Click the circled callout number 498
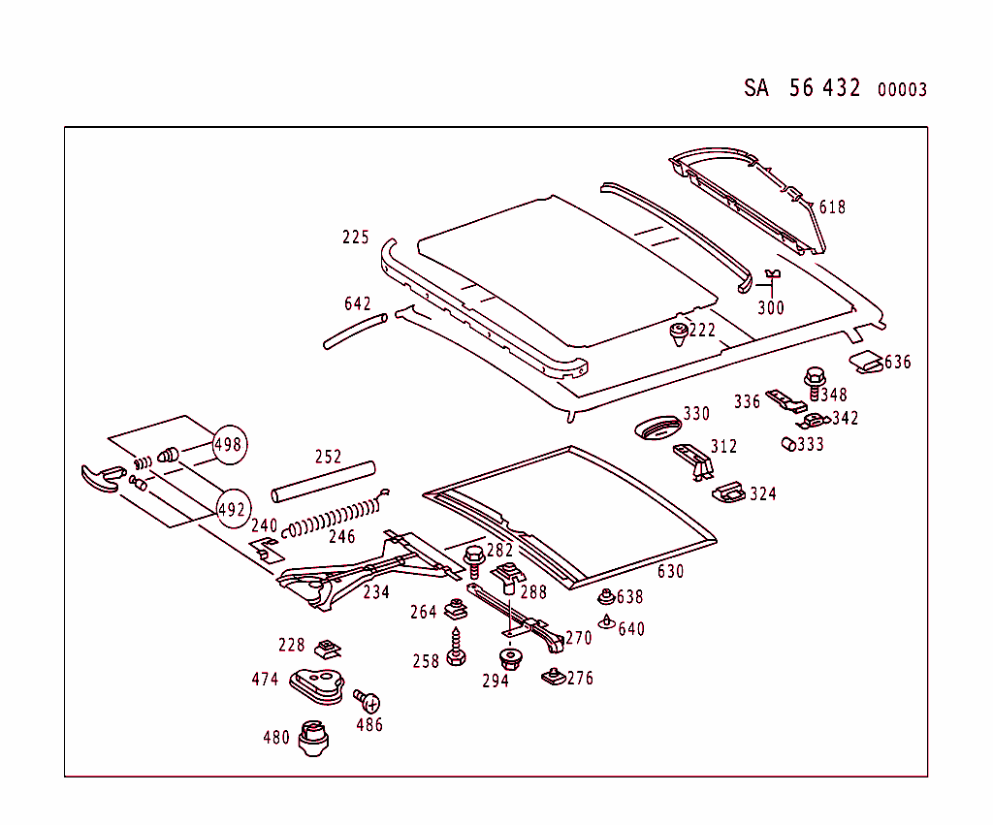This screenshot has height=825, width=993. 230,445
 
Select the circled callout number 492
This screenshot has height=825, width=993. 233,508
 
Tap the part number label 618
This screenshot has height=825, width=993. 832,207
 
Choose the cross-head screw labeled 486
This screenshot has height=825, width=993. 367,701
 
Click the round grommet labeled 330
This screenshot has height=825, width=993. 656,428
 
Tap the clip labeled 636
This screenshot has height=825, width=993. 867,363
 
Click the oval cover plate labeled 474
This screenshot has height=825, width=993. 317,682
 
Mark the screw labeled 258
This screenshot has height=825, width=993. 456,649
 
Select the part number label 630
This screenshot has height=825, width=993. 670,572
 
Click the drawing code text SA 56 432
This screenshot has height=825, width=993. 802,88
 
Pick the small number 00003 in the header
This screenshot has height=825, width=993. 902,90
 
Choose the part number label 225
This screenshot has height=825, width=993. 355,238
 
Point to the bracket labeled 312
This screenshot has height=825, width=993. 694,458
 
